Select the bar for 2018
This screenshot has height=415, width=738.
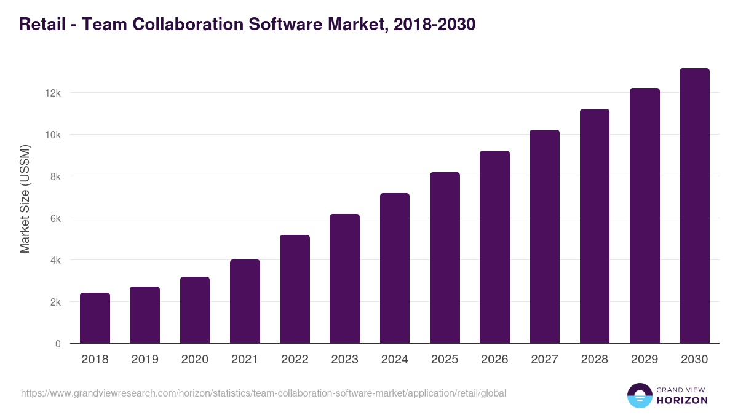coord(95,318)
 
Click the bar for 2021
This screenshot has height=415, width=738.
coord(245,301)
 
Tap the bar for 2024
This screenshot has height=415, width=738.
coord(395,268)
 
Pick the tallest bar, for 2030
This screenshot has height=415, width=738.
coord(694,206)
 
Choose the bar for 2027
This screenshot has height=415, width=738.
coord(544,237)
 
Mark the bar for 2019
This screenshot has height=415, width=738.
coord(145,315)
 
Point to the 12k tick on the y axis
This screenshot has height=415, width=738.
coord(54,93)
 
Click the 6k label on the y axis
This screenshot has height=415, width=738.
coord(55,218)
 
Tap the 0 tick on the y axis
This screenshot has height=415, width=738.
coord(58,344)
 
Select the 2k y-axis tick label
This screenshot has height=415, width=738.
coord(55,302)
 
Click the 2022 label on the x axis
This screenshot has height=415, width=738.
coord(295,360)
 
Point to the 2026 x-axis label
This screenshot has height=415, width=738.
coord(494,360)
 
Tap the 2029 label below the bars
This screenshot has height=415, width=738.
coord(645,360)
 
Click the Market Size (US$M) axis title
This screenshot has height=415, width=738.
coord(25,199)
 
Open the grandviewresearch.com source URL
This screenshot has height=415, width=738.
coord(263,393)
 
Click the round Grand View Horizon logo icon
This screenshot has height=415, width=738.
coord(639,395)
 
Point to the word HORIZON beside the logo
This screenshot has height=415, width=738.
coord(681,400)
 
